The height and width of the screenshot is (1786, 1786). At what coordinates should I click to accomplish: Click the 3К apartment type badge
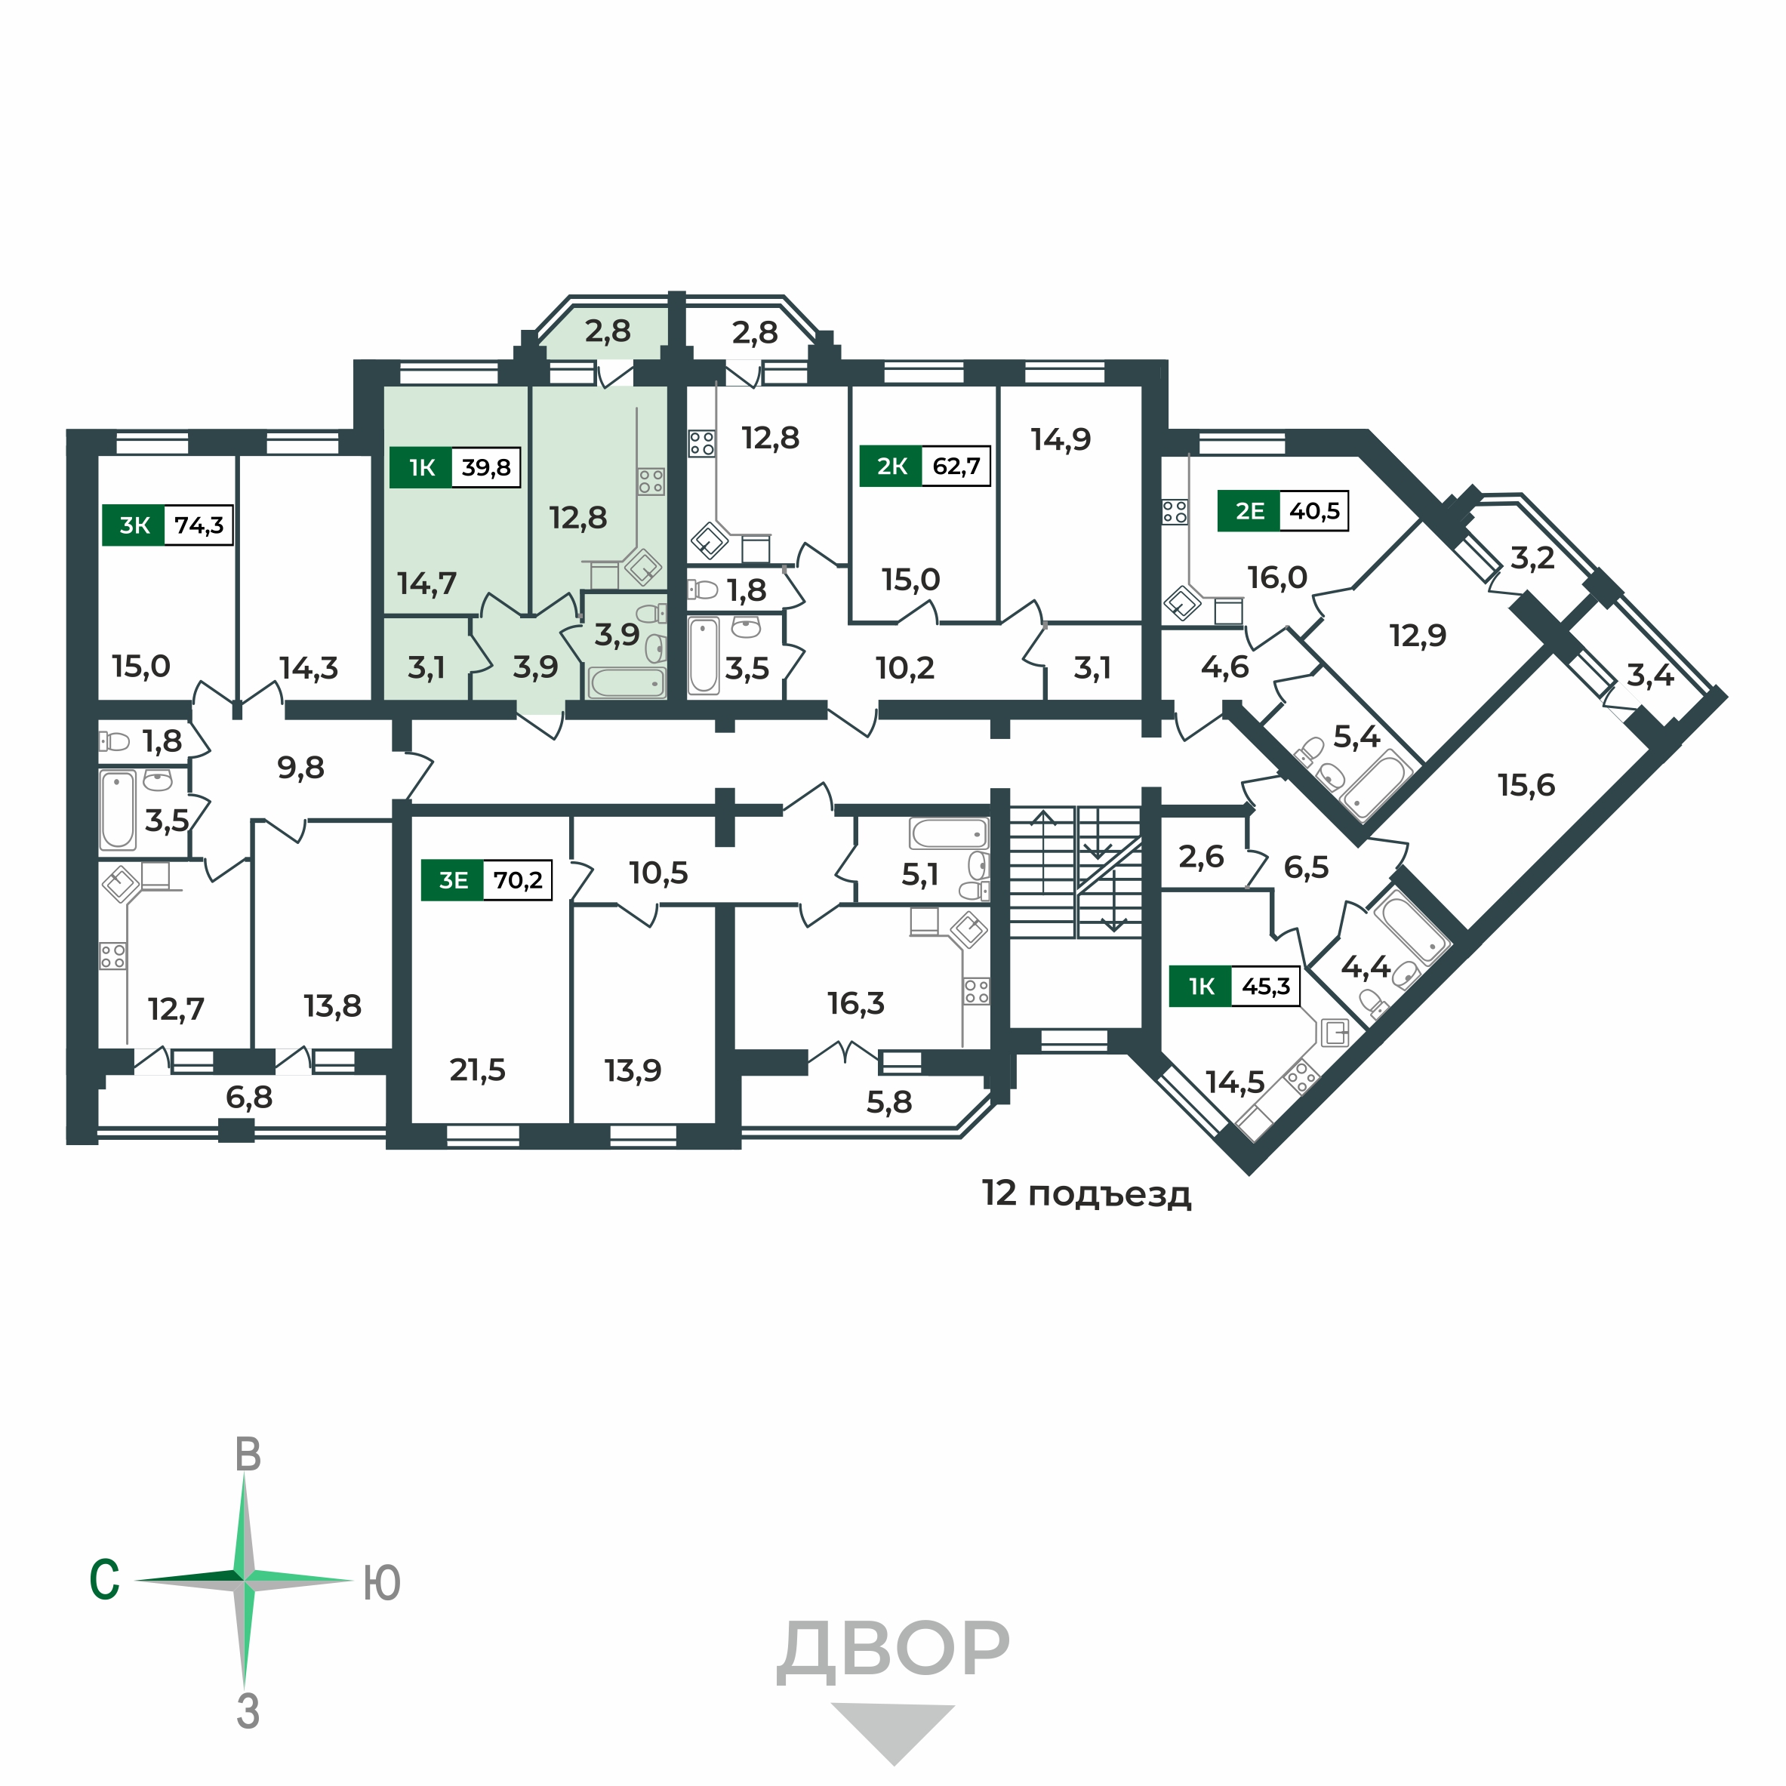pyautogui.click(x=134, y=526)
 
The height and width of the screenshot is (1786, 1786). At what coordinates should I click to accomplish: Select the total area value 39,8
pyautogui.click(x=485, y=468)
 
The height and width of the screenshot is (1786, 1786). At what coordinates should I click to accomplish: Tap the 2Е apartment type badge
pyautogui.click(x=1250, y=511)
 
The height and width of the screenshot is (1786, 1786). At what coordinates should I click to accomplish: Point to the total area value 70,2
pyautogui.click(x=518, y=880)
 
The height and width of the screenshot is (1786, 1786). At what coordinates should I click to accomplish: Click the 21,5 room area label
pyautogui.click(x=477, y=1070)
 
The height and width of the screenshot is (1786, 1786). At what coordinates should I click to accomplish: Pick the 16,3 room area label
pyautogui.click(x=856, y=1003)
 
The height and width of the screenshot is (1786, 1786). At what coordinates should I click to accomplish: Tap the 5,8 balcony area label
pyautogui.click(x=889, y=1102)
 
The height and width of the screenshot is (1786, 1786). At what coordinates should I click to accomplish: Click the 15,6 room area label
pyautogui.click(x=1526, y=786)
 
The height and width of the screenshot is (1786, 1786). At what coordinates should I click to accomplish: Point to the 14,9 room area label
pyautogui.click(x=1061, y=439)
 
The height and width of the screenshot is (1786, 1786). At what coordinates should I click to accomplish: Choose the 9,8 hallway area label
pyautogui.click(x=301, y=767)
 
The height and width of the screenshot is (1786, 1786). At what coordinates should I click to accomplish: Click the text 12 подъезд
pyautogui.click(x=1086, y=1193)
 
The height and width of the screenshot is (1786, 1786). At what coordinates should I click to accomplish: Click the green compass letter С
pyautogui.click(x=104, y=1580)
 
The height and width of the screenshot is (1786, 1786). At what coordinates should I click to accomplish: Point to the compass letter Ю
pyautogui.click(x=381, y=1583)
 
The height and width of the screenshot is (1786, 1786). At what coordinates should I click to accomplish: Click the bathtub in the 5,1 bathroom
pyautogui.click(x=948, y=834)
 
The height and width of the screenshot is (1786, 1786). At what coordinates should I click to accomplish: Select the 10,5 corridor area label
pyautogui.click(x=659, y=873)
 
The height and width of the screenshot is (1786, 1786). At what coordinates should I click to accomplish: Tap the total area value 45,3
pyautogui.click(x=1266, y=987)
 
